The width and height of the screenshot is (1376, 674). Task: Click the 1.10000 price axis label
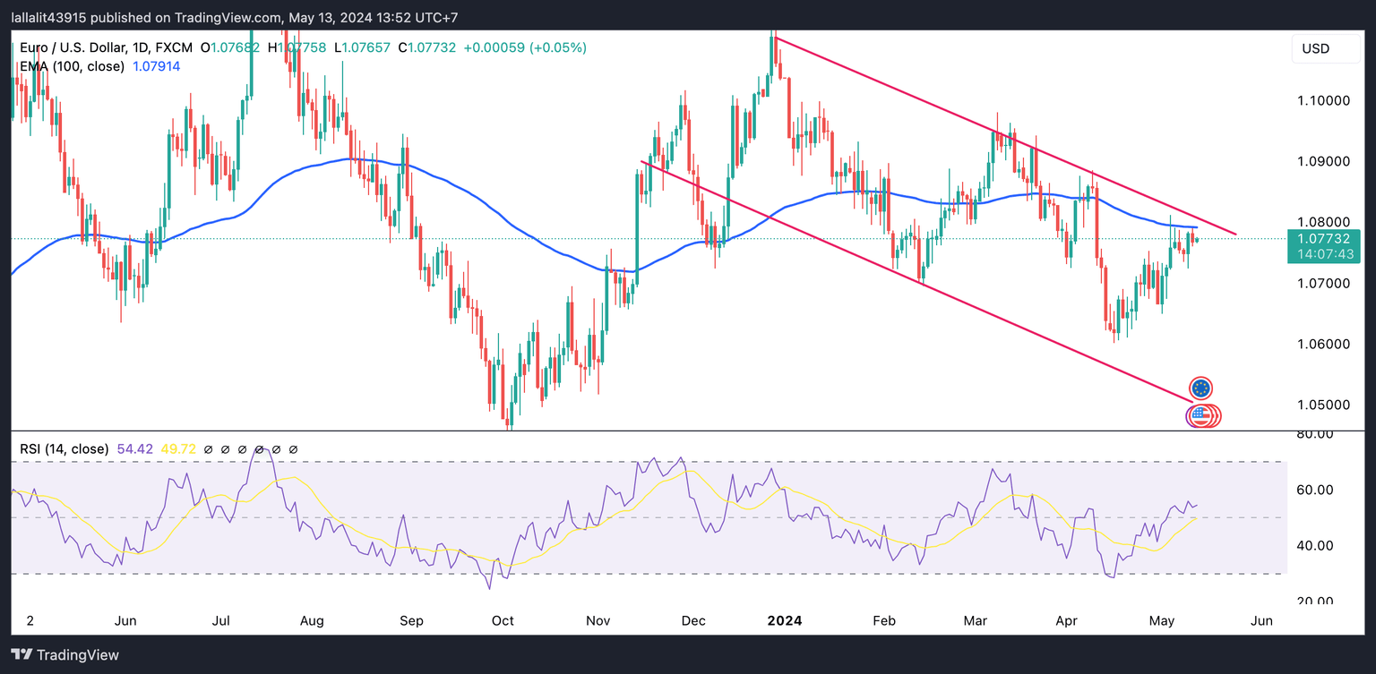1323,101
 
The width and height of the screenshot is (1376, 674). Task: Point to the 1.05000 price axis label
1323,405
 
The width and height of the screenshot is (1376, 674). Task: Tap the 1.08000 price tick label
1323,222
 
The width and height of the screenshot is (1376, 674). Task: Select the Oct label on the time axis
503,620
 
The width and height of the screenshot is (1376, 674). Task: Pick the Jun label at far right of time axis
1260,620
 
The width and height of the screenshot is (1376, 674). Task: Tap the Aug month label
312,620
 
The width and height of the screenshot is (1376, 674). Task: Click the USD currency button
1325,48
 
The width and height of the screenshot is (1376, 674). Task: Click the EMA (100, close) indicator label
72,66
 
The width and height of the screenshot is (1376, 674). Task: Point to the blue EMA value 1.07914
156,66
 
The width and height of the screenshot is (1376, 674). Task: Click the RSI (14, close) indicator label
64,448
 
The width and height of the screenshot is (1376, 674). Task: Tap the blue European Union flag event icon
1200,388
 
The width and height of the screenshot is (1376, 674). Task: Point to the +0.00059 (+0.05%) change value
525,47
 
